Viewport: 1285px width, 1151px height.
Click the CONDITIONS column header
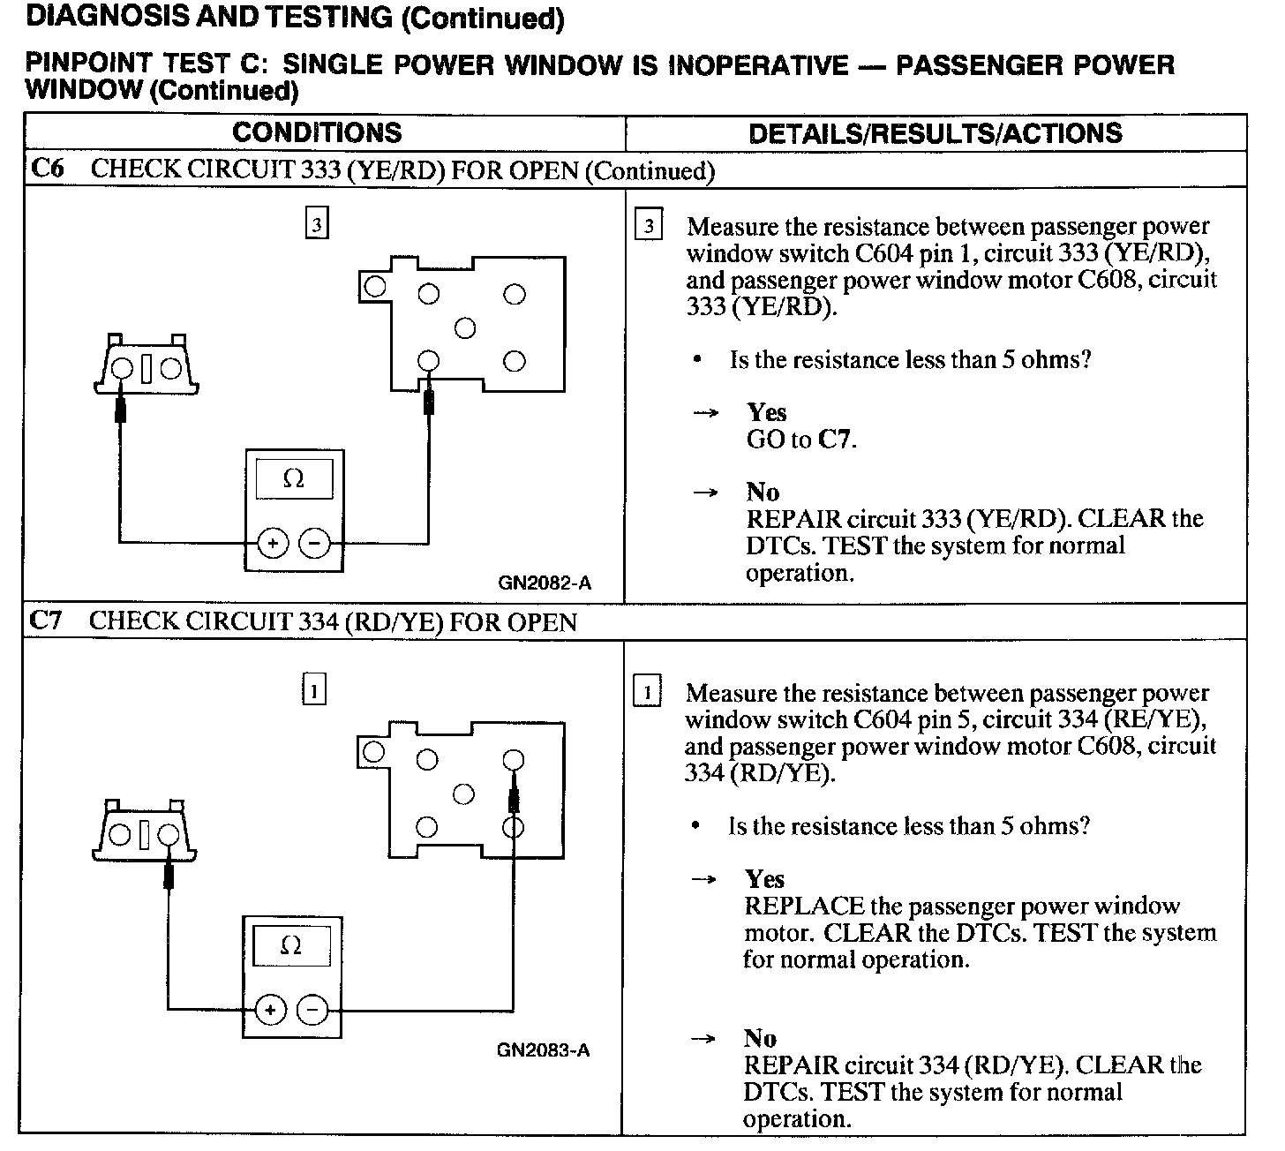tap(317, 132)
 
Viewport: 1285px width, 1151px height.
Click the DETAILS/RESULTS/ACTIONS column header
tap(935, 133)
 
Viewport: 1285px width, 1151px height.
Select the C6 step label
tap(47, 169)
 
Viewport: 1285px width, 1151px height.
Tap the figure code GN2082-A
tap(545, 583)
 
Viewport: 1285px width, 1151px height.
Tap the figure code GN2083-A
tap(543, 1050)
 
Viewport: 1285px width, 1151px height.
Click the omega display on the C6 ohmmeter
tap(294, 479)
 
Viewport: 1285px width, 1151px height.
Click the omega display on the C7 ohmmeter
tap(291, 946)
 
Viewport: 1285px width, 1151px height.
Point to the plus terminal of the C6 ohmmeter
tap(273, 543)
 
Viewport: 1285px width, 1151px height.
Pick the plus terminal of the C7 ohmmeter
tap(270, 1010)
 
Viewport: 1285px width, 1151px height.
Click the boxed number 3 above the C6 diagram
tap(317, 225)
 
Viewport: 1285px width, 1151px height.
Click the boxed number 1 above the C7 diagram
tap(314, 689)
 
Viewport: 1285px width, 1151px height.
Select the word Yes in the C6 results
tap(766, 412)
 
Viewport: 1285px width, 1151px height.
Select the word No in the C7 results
tap(760, 1038)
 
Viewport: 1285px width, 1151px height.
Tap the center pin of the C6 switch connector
tap(465, 328)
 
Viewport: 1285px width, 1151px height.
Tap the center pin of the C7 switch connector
tap(463, 794)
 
